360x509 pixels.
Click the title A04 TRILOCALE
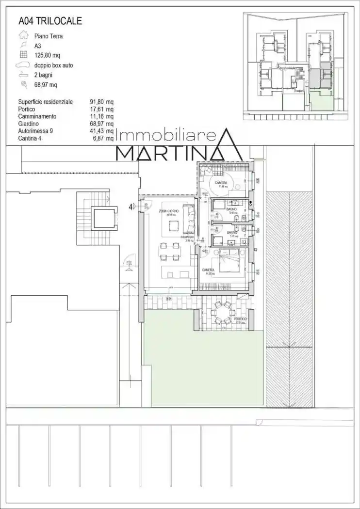coord(50,21)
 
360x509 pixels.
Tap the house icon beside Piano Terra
coord(22,35)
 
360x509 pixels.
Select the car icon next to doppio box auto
coord(23,65)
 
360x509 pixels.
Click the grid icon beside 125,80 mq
coord(23,55)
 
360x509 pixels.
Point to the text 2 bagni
coord(43,75)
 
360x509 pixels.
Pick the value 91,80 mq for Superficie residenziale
coord(102,102)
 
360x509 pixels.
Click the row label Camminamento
coord(37,116)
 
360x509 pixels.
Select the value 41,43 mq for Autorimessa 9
coord(102,131)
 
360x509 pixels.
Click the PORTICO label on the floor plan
coord(240,319)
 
